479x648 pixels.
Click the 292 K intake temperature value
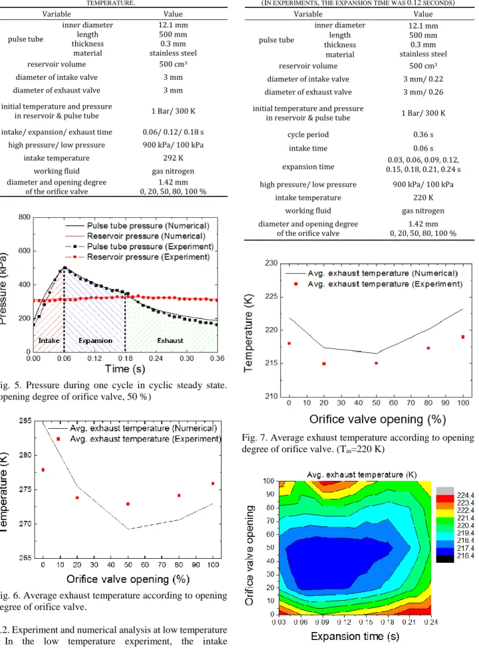click(x=173, y=158)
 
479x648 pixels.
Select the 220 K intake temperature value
click(x=423, y=198)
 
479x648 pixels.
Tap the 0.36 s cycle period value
click(x=423, y=135)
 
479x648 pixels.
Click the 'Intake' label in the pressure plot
click(x=49, y=340)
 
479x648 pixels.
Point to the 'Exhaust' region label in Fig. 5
click(x=170, y=340)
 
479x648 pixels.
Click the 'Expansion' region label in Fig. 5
click(x=95, y=340)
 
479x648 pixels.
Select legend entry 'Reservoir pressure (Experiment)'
click(x=148, y=257)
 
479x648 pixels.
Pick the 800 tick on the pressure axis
click(x=25, y=217)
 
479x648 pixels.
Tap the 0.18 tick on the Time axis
click(x=125, y=358)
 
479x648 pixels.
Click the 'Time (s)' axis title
click(x=124, y=369)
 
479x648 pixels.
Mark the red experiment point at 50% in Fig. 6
click(x=128, y=503)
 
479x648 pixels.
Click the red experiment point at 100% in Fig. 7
click(x=463, y=337)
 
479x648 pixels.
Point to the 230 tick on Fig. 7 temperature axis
click(x=271, y=263)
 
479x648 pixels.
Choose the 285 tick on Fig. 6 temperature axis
click(x=25, y=421)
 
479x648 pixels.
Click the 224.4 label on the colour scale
click(x=466, y=495)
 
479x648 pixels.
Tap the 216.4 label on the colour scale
click(x=466, y=555)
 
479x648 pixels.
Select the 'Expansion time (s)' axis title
click(x=355, y=637)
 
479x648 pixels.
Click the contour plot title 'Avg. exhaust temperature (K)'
click(x=362, y=475)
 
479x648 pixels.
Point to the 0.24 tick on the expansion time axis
click(x=430, y=621)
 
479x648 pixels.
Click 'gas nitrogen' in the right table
click(x=423, y=210)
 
